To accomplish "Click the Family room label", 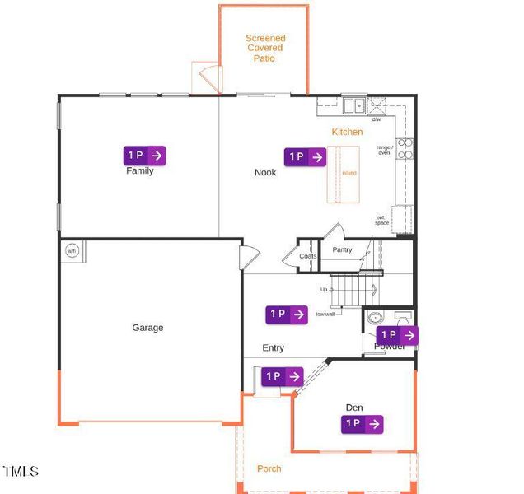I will [x=140, y=171].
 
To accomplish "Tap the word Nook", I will [x=265, y=173].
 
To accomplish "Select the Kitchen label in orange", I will [x=347, y=132].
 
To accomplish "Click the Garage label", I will [x=148, y=328].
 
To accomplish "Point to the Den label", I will [x=354, y=408].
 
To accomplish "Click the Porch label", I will [x=269, y=469].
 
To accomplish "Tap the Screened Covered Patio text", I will [x=266, y=48].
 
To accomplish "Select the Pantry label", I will [x=342, y=249].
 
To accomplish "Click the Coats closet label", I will [x=308, y=256].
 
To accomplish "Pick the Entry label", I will [x=274, y=348].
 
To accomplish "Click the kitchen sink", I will [x=354, y=105].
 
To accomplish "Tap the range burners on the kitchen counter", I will [x=405, y=148].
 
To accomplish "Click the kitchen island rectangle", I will [x=344, y=174].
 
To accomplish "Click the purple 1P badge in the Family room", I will [x=145, y=155].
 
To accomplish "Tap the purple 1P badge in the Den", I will [x=363, y=424].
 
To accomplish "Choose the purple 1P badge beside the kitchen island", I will [x=306, y=156].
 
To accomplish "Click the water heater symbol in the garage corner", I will [x=72, y=251].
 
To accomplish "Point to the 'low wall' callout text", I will [x=325, y=314].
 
